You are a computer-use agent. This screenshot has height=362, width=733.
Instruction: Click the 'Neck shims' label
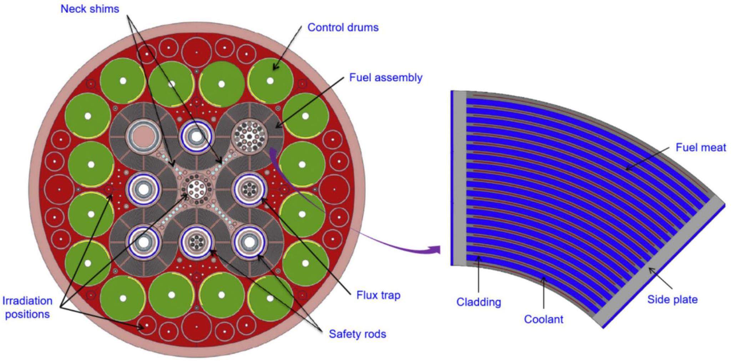pyautogui.click(x=90, y=9)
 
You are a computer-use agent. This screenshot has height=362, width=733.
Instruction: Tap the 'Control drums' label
pyautogui.click(x=343, y=27)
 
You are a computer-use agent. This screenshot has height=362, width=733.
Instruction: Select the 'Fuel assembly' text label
pyautogui.click(x=385, y=77)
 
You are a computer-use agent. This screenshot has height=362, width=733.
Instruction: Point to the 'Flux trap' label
pyautogui.click(x=378, y=295)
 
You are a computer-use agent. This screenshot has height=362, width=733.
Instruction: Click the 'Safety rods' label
pyautogui.click(x=357, y=334)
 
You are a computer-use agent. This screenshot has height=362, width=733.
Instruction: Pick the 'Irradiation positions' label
pyautogui.click(x=27, y=307)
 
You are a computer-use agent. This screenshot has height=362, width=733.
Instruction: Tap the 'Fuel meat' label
pyautogui.click(x=701, y=147)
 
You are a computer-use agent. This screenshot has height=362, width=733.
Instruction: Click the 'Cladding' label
pyautogui.click(x=479, y=302)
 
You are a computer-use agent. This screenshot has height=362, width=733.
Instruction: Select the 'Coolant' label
pyautogui.click(x=543, y=319)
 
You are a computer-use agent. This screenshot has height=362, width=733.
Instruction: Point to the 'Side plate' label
pyautogui.click(x=672, y=299)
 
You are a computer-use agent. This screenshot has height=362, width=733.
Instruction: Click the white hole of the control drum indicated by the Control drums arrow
pyautogui.click(x=270, y=81)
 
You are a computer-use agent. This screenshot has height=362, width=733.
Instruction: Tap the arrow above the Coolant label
pyautogui.click(x=543, y=295)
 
